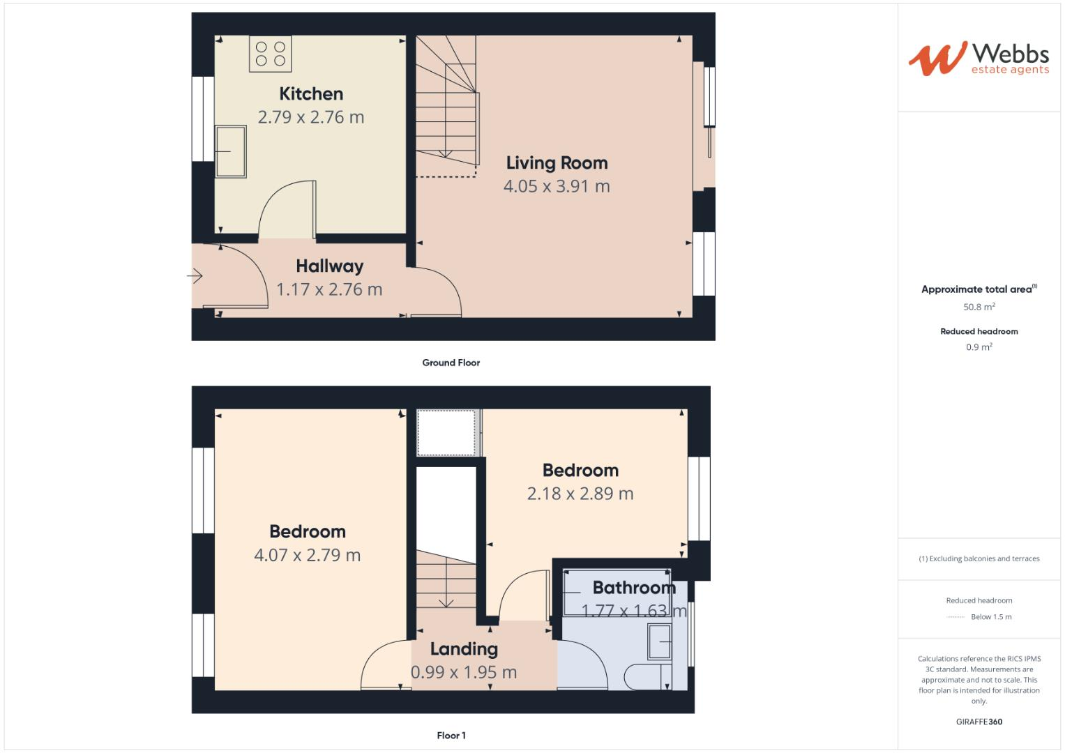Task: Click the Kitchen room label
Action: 311,93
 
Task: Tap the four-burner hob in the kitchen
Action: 270,54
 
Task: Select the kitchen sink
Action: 230,151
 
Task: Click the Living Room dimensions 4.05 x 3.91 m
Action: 557,186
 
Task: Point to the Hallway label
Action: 329,266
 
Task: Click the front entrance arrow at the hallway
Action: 195,277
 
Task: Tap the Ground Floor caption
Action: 451,363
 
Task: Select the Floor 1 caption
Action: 451,736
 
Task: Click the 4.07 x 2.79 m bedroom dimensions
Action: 307,555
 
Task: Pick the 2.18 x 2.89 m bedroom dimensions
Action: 580,494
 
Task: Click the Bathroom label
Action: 634,588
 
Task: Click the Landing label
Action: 464,649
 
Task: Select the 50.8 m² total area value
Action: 979,307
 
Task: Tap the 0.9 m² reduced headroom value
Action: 979,347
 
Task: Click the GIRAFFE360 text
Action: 979,722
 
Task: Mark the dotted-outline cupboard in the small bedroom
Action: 446,432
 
